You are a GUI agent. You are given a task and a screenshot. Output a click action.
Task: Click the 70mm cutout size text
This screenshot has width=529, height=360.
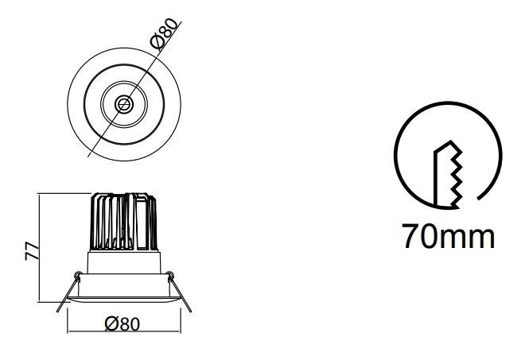449,236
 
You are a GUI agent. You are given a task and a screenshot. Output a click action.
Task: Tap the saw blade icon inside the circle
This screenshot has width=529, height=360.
448,174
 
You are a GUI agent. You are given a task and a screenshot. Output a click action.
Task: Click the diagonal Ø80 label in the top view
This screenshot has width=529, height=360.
164,34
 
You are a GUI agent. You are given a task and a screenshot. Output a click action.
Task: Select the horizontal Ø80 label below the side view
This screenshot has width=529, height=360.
122,324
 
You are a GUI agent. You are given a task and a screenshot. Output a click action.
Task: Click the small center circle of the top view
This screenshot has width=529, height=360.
124,104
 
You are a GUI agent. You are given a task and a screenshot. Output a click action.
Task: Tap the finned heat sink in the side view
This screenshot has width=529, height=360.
124,222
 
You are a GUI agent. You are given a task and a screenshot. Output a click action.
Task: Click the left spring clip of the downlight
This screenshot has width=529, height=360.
68,292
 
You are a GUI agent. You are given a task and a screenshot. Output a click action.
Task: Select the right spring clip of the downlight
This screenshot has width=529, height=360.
180,292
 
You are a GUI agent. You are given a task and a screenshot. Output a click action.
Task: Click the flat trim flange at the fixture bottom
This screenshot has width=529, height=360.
124,300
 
